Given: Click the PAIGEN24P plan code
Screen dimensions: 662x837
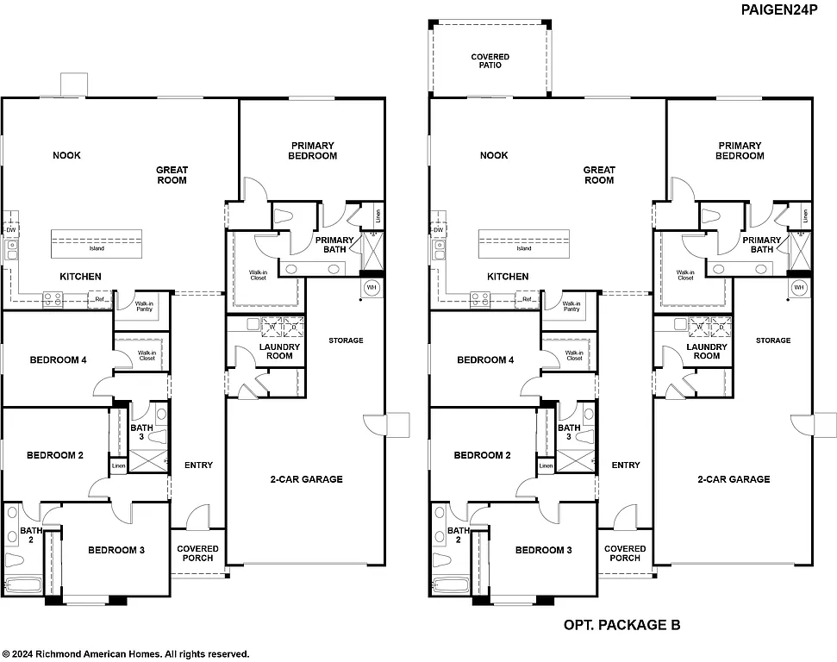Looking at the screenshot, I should coord(788,9).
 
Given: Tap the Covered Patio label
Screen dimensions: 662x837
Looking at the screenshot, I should coord(490,61).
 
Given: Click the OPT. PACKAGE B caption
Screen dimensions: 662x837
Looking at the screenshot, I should coord(622,625).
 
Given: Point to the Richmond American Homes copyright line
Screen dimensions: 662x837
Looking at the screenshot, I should coord(126,654).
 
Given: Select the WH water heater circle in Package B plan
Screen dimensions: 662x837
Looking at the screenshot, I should coord(798,287).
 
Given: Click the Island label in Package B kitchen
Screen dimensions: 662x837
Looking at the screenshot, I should coord(523,248).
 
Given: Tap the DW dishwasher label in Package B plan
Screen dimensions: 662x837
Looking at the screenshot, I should coord(438,230).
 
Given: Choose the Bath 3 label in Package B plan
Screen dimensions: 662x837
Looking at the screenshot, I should coord(569,433).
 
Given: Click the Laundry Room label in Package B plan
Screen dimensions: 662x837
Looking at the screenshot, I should coord(706,352).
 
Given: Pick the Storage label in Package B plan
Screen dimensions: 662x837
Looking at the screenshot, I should coord(773,340).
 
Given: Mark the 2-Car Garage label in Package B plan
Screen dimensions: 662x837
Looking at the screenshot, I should coord(736,479).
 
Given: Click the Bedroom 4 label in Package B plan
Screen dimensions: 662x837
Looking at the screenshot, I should coord(485,359).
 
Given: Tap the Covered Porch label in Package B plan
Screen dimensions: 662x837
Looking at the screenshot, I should coord(625,553).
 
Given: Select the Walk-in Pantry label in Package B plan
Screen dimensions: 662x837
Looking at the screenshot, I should coord(571,307).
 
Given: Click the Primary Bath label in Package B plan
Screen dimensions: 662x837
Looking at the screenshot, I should coord(761,245).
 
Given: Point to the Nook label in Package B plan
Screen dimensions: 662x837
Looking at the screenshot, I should coord(494,156).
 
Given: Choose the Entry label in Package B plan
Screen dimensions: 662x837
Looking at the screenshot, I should coord(626,465).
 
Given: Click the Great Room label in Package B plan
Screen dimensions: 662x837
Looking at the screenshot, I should coord(599,175).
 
